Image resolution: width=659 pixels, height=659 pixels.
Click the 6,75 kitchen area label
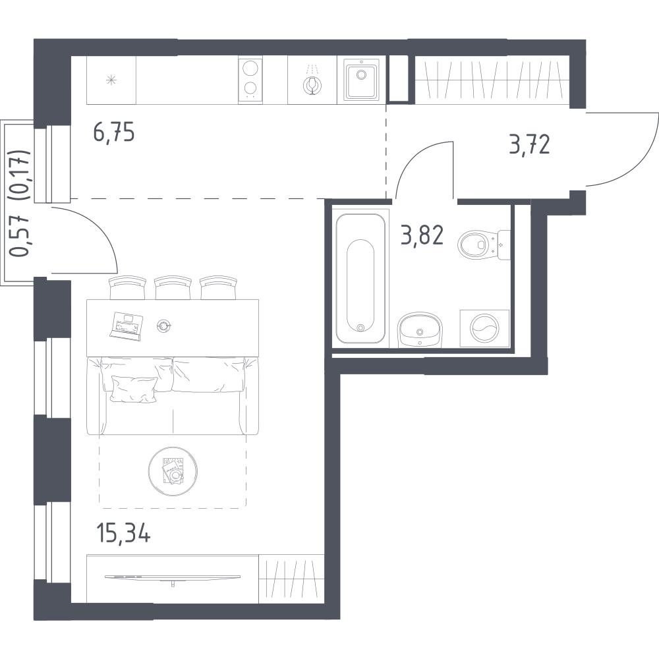point(114,133)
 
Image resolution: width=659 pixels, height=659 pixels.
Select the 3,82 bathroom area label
point(422,236)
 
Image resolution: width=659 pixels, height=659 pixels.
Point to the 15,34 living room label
point(123,534)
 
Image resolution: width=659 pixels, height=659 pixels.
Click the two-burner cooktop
point(250,80)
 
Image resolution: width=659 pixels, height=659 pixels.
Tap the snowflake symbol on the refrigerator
point(111,80)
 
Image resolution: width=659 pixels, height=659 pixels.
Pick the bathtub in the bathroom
point(360,278)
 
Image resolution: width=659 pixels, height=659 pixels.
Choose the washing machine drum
point(484,328)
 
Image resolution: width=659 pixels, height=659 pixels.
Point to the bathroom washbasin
point(419,329)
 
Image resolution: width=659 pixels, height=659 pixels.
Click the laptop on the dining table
point(126,324)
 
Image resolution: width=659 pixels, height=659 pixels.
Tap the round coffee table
point(172,471)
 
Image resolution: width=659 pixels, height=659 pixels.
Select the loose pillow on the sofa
point(134,389)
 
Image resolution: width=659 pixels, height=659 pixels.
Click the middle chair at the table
point(173,287)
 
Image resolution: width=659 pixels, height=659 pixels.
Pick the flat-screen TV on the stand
point(173,577)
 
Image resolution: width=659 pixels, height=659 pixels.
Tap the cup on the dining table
point(163,326)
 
